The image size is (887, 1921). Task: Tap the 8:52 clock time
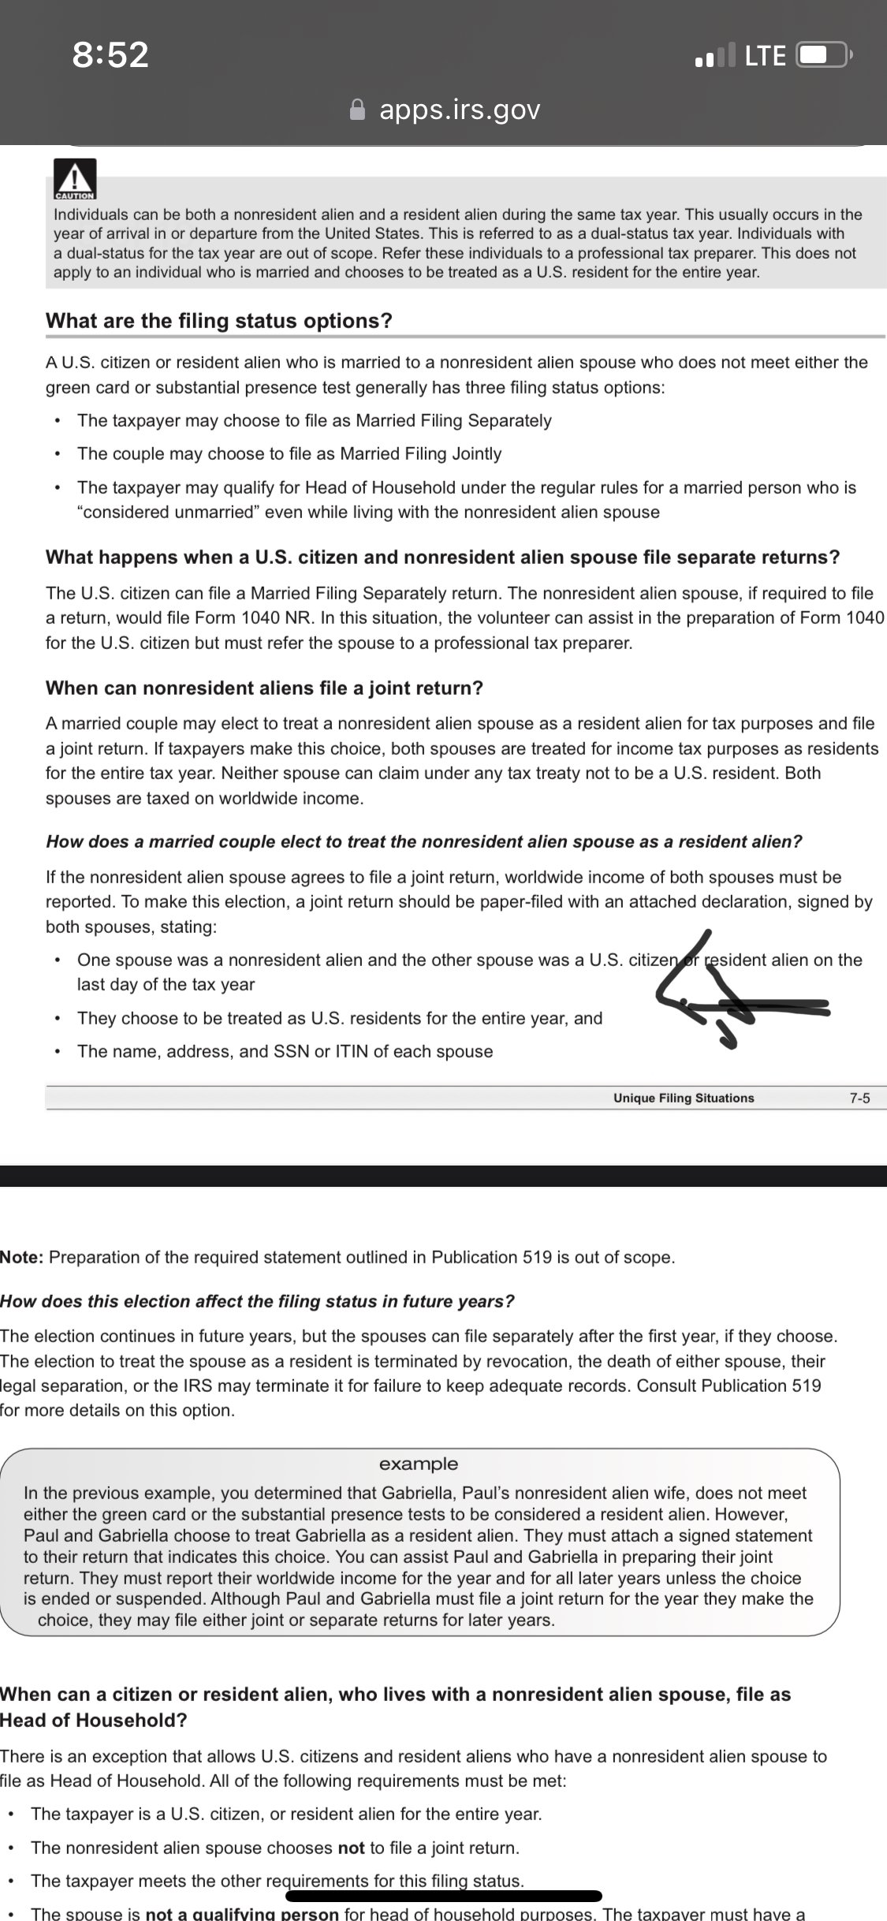110,54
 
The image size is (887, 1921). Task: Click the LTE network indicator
765,55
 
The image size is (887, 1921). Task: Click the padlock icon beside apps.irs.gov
358,110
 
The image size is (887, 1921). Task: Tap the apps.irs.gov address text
460,110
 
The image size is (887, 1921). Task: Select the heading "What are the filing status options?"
219,321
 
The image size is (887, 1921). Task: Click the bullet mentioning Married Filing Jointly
289,454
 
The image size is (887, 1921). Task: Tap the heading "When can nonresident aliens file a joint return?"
264,688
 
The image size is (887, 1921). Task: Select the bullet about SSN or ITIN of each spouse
285,1052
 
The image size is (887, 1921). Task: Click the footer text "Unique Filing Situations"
684,1099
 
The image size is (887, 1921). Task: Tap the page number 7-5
859,1099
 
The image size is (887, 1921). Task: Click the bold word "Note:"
21,1258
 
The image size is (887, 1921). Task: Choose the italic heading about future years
257,1302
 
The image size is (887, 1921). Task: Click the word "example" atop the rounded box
418,1464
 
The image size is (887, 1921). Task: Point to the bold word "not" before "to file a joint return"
351,1848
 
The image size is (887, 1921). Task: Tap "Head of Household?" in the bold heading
94,1721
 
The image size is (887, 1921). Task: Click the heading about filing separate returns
442,558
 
